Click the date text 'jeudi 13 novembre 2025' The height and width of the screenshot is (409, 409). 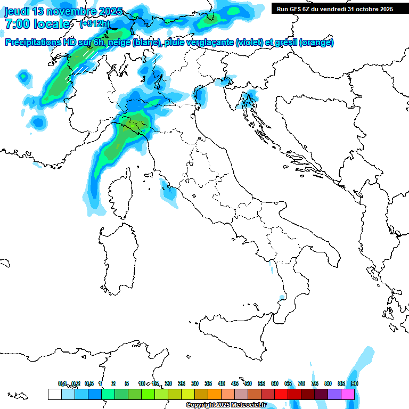63,11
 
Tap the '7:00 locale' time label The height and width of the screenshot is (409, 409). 37,24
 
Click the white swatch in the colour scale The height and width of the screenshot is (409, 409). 54,394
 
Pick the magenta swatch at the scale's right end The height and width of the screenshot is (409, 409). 348,394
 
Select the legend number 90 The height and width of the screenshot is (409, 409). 355,383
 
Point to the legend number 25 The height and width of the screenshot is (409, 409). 182,383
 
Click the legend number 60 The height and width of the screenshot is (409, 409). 275,383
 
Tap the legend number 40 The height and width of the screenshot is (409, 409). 222,383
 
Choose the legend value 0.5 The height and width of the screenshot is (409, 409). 89,383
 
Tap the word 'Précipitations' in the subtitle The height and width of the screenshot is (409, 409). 34,43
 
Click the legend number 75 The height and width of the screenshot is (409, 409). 315,383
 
